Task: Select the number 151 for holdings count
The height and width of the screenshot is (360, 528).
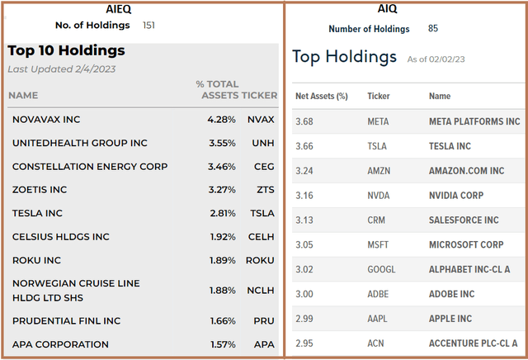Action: [149, 25]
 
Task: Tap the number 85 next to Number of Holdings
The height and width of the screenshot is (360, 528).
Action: [433, 29]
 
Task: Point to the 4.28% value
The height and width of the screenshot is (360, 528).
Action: [222, 120]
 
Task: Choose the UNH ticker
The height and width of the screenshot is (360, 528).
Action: [263, 143]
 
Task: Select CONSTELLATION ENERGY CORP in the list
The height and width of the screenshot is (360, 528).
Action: [90, 166]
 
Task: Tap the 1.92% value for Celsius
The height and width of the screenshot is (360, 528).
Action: [222, 236]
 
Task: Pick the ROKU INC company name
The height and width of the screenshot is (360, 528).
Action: [37, 259]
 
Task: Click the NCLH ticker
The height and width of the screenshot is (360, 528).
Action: [262, 289]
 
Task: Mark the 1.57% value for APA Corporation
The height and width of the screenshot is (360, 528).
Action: [222, 344]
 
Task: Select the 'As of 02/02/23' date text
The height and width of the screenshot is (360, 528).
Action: [441, 59]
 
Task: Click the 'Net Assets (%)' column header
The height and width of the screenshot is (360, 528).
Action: [322, 96]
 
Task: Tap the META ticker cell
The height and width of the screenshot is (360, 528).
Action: [378, 121]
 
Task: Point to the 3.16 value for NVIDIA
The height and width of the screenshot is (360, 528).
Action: [304, 196]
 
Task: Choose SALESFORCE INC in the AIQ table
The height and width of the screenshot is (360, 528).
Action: [464, 220]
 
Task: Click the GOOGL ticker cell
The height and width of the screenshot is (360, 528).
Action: [381, 269]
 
